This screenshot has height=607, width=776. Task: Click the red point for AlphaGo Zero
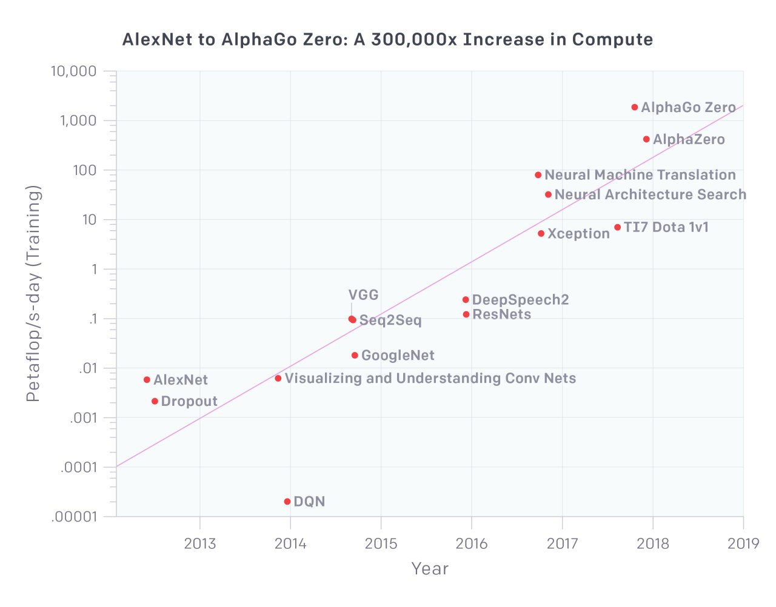pos(635,107)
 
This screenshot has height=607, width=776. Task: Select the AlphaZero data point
pos(646,139)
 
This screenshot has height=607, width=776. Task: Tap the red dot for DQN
pos(287,502)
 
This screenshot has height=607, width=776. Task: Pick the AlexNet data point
pos(147,380)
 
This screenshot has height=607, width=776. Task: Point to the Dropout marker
pos(155,401)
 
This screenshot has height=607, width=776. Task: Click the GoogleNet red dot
pos(355,355)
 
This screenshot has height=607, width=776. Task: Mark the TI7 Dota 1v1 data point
pos(617,227)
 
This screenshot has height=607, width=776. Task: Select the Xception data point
pos(541,233)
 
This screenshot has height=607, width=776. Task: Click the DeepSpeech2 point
pos(466,300)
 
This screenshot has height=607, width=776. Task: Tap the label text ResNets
pos(501,314)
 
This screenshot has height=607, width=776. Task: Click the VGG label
pos(363,295)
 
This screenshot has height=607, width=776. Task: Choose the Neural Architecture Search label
pos(650,194)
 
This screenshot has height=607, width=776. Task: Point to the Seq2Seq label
pos(390,320)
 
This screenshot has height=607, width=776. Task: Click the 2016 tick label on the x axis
pos(471,543)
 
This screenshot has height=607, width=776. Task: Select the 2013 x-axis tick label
pos(199,543)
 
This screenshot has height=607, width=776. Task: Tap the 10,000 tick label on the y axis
pos(73,71)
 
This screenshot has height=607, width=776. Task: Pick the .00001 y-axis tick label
pos(74,517)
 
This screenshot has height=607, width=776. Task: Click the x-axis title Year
pos(430,569)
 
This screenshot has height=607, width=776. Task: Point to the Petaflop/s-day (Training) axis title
pos(33,294)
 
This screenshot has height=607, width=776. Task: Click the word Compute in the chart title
pos(612,40)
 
